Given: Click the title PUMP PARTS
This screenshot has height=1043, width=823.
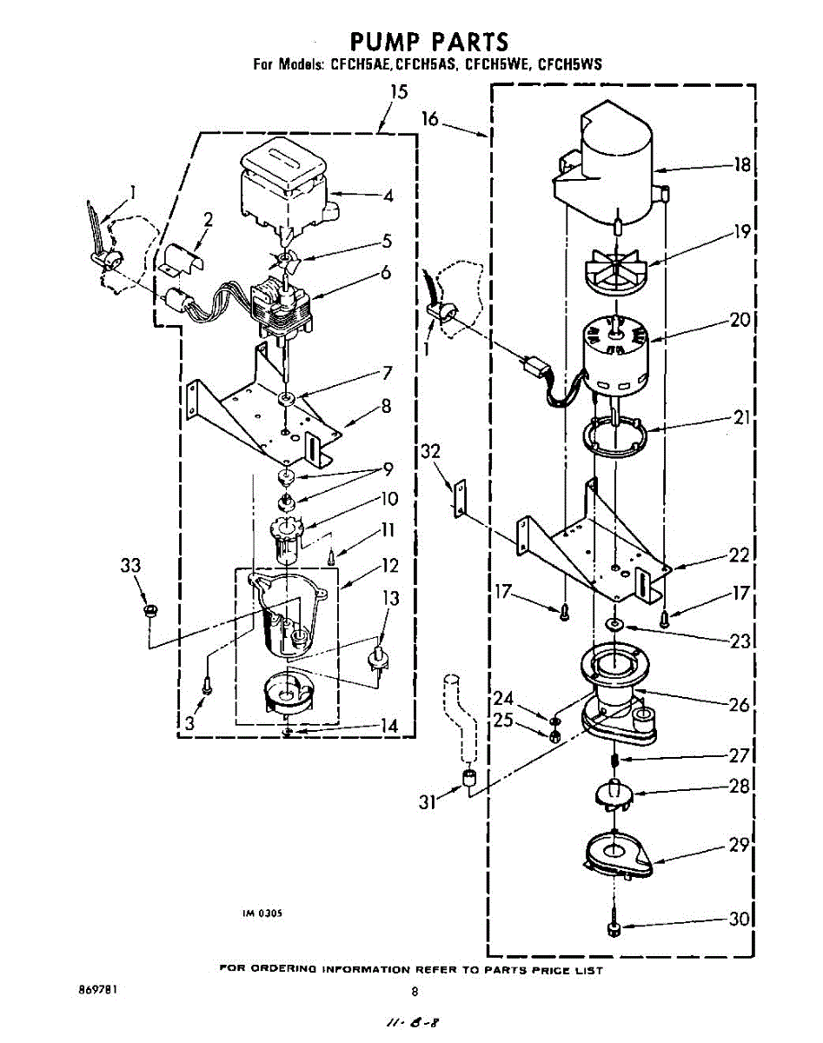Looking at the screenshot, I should (x=428, y=41).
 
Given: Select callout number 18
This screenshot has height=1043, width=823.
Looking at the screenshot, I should (x=741, y=165).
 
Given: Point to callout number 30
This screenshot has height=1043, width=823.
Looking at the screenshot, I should (x=740, y=920).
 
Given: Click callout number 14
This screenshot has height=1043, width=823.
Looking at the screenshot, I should (x=389, y=725).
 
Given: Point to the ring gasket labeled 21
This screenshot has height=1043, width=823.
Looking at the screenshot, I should (x=616, y=437).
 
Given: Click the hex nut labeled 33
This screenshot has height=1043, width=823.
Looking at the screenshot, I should (x=149, y=608).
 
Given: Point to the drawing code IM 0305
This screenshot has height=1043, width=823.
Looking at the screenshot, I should (x=262, y=913).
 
